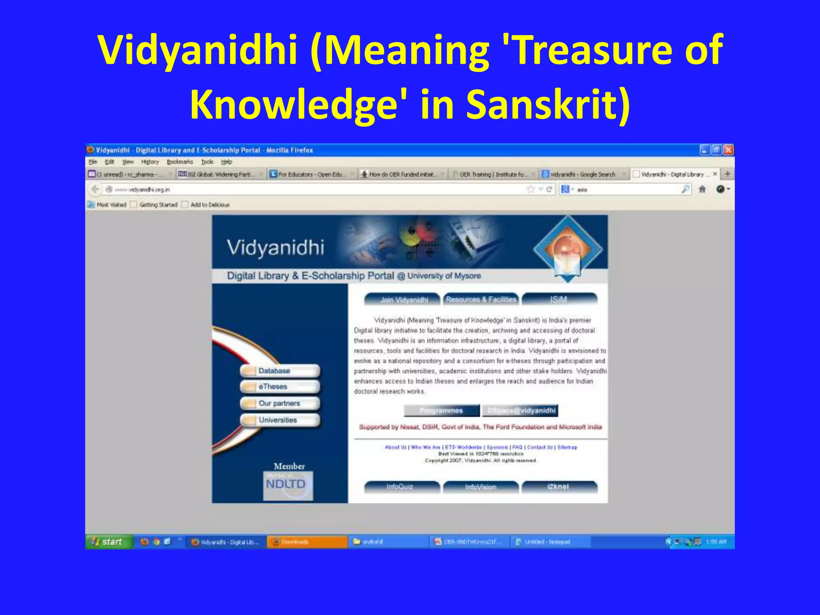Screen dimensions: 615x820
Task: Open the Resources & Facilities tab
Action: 481,299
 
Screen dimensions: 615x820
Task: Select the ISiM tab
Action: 559,299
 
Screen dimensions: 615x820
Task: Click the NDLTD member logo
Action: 287,485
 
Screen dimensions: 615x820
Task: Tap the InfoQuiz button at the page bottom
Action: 401,486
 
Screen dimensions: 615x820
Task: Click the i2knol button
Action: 559,486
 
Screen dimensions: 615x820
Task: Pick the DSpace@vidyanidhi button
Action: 521,410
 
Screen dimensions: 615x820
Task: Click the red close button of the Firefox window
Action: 728,150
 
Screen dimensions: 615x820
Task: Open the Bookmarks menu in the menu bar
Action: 180,162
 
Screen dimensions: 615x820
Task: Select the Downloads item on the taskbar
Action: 307,542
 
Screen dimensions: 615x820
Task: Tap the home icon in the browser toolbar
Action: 702,189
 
